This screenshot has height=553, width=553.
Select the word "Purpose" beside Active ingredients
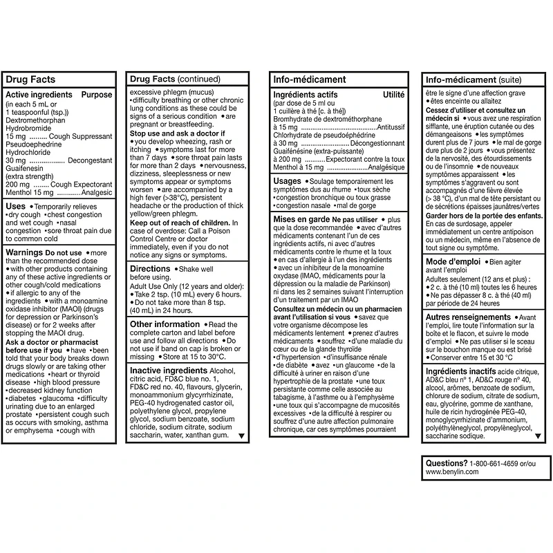[97, 95]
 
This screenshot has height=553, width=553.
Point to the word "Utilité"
[393, 95]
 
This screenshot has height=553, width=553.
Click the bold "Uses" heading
[15, 207]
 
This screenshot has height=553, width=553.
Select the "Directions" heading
[150, 268]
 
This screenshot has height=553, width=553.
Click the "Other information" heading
[165, 324]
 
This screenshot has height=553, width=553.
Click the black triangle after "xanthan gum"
[241, 436]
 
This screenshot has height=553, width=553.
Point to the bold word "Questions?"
[446, 462]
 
